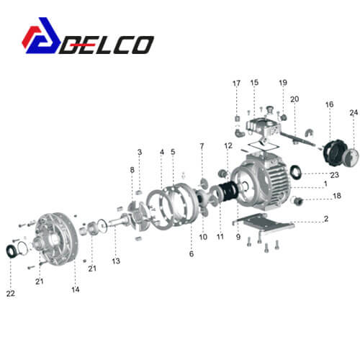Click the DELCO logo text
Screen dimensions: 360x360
[x=107, y=45]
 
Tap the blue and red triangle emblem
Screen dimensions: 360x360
[x=41, y=35]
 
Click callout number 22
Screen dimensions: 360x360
[x=11, y=293]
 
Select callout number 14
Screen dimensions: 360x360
[x=76, y=289]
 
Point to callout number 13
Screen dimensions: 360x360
[x=116, y=261]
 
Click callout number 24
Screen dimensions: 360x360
[x=354, y=112]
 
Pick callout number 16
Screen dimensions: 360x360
[x=330, y=104]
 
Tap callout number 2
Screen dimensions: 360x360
[x=326, y=218]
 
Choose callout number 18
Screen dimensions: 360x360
[x=337, y=196]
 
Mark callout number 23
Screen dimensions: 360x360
[x=335, y=175]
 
